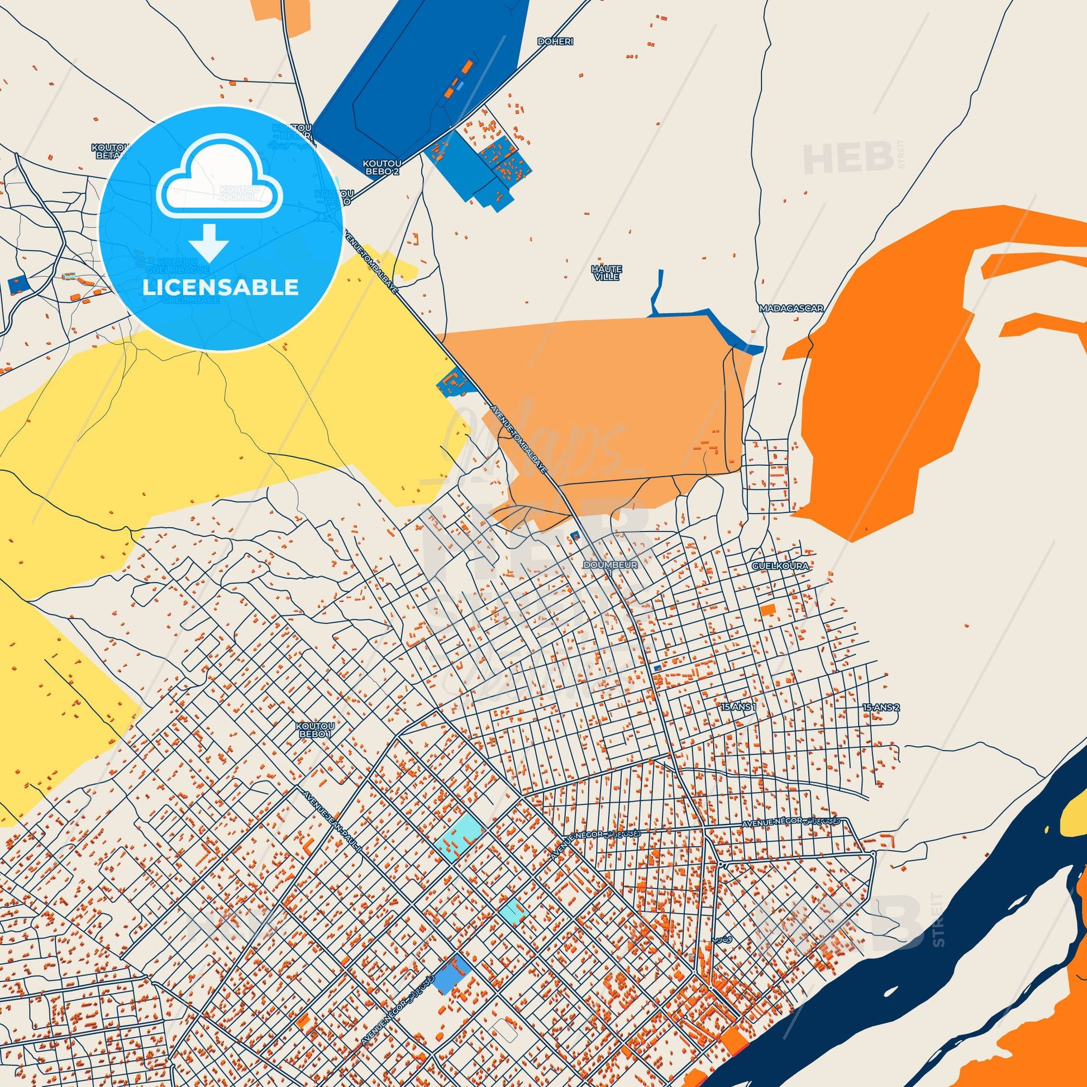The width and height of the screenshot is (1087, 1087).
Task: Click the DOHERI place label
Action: click(x=551, y=42)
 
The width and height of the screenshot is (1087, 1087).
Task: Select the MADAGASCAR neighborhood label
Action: click(x=790, y=309)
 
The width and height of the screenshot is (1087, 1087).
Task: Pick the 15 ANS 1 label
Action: click(x=737, y=707)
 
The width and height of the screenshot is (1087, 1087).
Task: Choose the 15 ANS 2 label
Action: click(x=881, y=707)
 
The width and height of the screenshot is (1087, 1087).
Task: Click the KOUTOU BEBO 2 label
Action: click(x=381, y=166)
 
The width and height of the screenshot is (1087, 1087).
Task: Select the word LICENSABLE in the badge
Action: click(x=220, y=287)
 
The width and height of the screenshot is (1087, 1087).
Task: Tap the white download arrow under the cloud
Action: click(x=209, y=242)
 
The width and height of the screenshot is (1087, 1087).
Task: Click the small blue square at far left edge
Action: click(x=17, y=284)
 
